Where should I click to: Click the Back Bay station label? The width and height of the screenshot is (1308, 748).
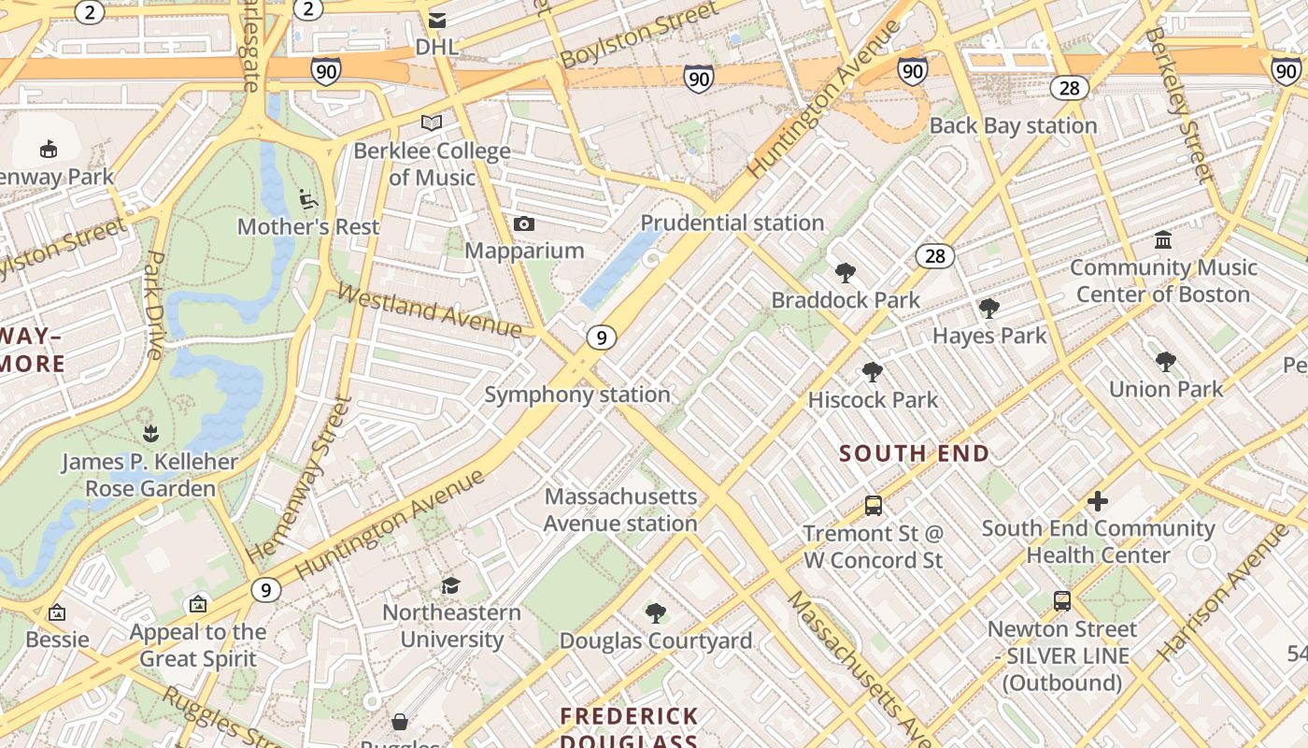[x=1013, y=125]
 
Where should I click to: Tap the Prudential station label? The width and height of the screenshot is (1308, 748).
[x=732, y=223]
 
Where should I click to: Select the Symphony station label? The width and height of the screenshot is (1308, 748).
[x=576, y=395]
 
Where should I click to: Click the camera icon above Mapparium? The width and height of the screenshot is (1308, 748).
[x=524, y=223]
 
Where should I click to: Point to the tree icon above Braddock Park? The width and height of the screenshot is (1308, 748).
[x=846, y=273]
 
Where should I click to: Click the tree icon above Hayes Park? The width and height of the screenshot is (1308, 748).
[x=988, y=309]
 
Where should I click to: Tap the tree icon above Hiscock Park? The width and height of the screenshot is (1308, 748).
[x=872, y=372]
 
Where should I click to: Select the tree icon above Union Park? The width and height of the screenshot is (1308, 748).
[x=1165, y=362]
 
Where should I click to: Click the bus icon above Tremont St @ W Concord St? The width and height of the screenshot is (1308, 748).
[x=874, y=506]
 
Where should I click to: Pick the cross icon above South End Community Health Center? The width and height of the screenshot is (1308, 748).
[x=1098, y=501]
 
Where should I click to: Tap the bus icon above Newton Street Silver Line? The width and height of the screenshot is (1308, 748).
[x=1062, y=601]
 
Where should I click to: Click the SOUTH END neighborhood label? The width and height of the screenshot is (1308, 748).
[x=914, y=453]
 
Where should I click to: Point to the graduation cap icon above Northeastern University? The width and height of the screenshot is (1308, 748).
[x=451, y=585]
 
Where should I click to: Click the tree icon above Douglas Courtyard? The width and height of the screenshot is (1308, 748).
[x=655, y=613]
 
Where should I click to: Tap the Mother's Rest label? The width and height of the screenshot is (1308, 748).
[x=308, y=226]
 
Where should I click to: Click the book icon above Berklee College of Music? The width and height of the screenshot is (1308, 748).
[x=431, y=122]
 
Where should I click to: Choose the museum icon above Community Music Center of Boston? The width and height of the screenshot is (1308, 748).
[x=1163, y=240]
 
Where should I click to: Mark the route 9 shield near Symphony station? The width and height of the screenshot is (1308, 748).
[x=603, y=338]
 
